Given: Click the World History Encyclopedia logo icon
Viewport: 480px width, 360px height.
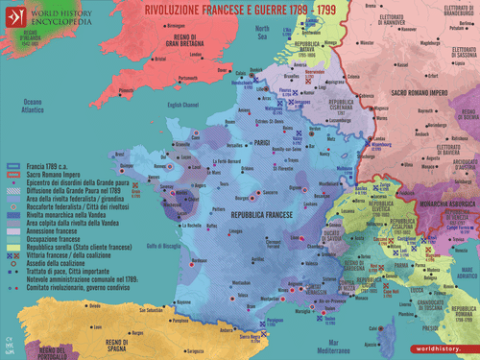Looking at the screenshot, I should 15,14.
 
